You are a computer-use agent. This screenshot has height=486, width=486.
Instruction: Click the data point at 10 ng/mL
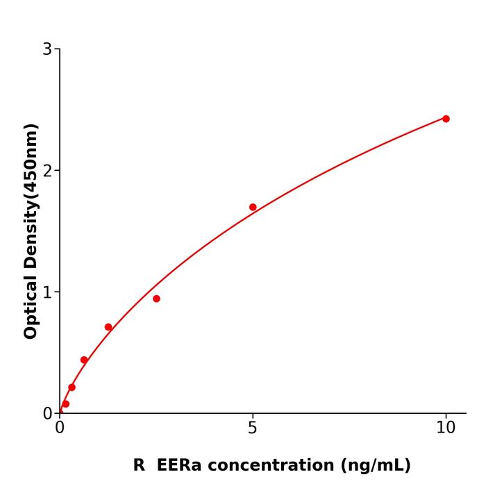446,119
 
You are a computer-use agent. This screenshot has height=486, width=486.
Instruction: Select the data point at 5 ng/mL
253,207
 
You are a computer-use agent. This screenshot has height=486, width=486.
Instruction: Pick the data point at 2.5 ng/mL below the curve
156,299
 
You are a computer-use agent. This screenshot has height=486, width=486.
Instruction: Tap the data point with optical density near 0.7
108,327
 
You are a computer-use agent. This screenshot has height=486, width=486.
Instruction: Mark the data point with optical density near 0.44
84,360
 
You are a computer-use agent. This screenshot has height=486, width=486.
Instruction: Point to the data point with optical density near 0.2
72,387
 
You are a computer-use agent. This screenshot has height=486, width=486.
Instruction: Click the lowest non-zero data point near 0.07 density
66,404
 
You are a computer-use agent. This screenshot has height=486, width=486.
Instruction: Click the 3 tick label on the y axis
47,49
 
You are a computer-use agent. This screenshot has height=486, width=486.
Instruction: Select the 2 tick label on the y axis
47,171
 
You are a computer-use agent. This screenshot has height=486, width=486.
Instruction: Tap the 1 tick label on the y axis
47,292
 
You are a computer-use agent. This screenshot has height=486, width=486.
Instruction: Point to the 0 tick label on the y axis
47,414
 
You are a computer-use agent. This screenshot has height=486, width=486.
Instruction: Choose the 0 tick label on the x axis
60,428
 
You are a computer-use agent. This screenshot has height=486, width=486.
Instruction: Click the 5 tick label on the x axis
253,428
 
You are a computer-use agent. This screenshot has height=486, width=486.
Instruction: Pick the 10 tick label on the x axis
446,428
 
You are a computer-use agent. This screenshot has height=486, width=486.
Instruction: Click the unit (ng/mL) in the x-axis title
376,465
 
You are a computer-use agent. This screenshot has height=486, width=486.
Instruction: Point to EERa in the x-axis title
181,465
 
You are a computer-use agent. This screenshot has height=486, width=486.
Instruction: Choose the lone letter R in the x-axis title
139,465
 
